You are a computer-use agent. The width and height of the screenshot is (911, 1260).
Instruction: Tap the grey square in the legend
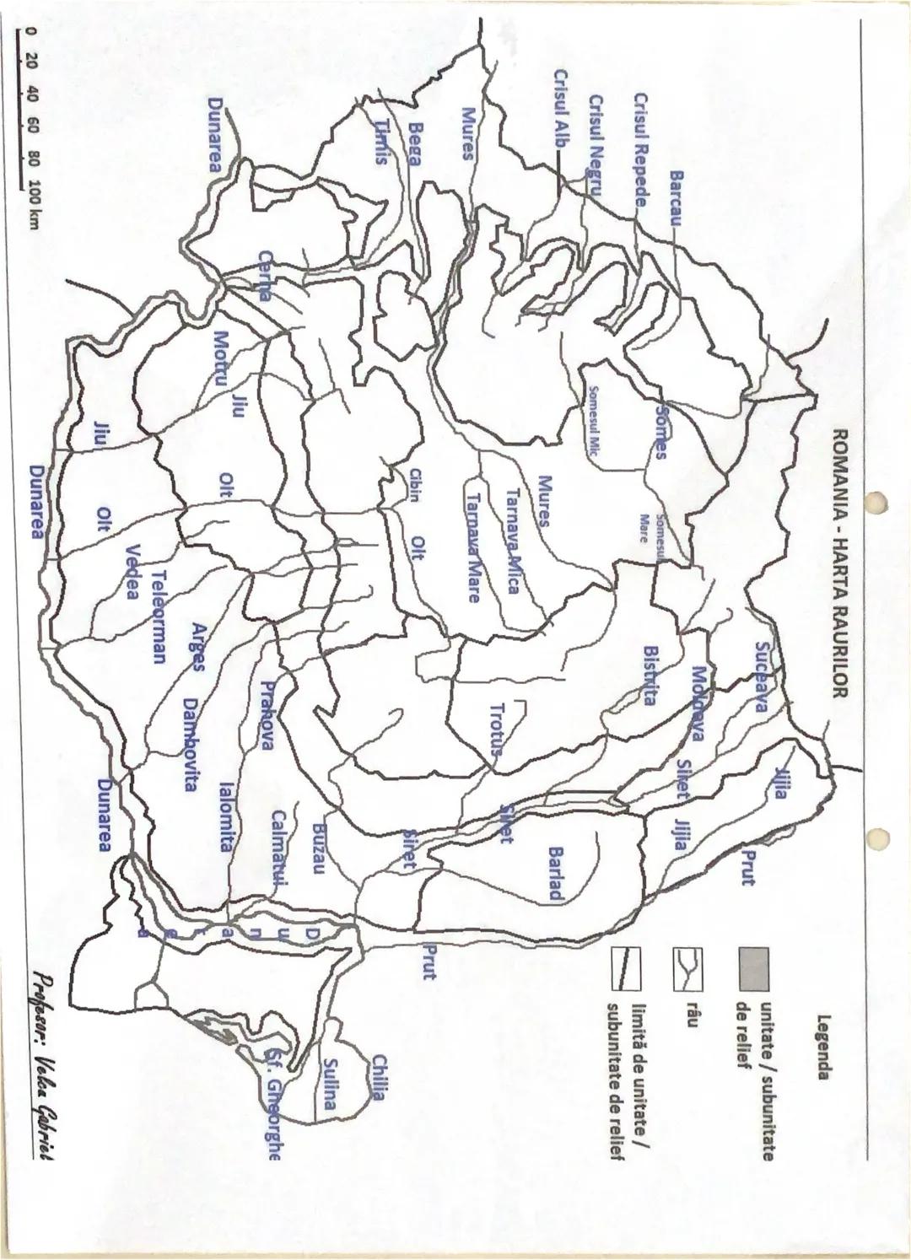pos(752,968)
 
